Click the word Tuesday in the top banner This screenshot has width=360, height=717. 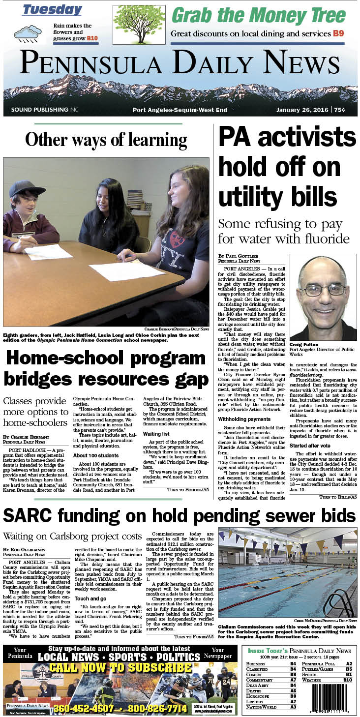coord(52,10)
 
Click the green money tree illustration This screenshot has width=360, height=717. coord(139,25)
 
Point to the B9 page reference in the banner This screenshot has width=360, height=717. coord(338,33)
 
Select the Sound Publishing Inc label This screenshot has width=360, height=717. coord(44,110)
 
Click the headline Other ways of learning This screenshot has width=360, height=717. coord(106,140)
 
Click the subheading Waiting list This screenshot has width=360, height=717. coord(156,434)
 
